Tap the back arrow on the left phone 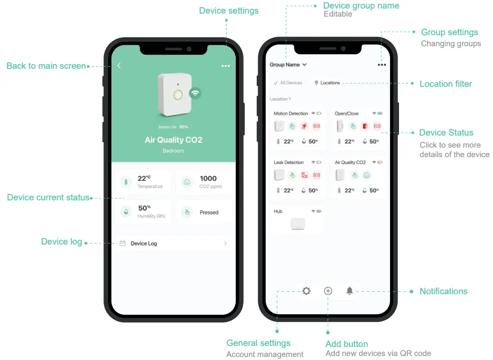point(119,66)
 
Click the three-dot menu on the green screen point(226,66)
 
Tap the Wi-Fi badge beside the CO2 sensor point(195,93)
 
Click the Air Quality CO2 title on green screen point(173,140)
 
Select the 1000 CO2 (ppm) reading point(208,178)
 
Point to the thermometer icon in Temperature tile point(127,182)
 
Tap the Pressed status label point(209,212)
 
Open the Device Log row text point(144,244)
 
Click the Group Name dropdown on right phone point(288,65)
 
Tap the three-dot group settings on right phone point(382,65)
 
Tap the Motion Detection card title point(290,113)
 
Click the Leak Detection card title point(289,162)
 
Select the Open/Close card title point(347,113)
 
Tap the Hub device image point(298,224)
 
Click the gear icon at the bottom point(306,291)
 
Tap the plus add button point(328,291)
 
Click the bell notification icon point(350,291)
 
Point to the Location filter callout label point(446,84)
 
